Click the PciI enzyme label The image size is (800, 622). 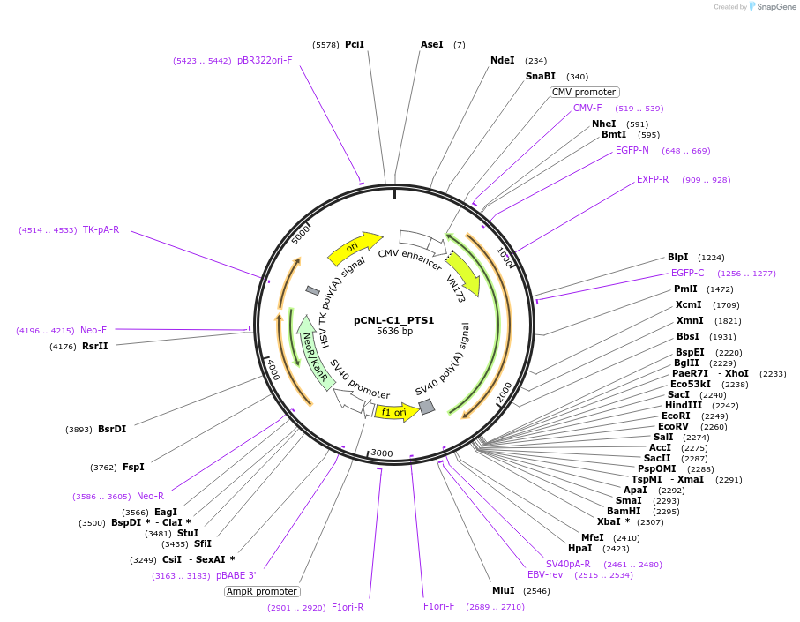click(354, 44)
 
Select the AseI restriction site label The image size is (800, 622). click(432, 44)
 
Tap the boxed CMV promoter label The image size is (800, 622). click(584, 92)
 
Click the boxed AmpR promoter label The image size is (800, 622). click(262, 591)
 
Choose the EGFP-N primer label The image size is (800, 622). click(632, 150)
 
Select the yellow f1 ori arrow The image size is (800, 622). click(395, 412)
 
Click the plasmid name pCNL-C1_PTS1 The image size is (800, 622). click(394, 320)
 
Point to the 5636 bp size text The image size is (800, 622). click(394, 332)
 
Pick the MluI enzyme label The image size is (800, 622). click(503, 590)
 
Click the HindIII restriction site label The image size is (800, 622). click(684, 405)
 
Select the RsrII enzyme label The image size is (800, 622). click(94, 346)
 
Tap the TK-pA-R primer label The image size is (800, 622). click(101, 230)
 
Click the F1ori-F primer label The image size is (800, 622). click(438, 606)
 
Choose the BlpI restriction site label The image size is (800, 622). click(677, 258)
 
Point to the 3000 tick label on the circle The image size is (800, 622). click(382, 453)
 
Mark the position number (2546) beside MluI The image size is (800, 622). click(536, 590)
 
